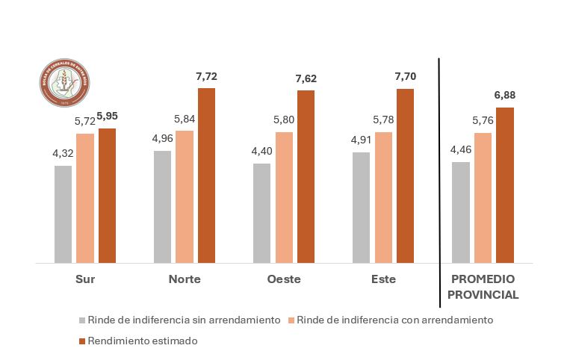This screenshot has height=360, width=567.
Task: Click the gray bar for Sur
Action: pyautogui.click(x=63, y=214)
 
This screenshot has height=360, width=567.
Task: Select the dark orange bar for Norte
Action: pyautogui.click(x=206, y=176)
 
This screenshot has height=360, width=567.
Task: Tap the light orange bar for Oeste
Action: pyautogui.click(x=284, y=198)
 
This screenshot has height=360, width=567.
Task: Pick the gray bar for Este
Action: pyautogui.click(x=361, y=208)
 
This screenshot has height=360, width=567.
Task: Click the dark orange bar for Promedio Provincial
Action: pyautogui.click(x=505, y=185)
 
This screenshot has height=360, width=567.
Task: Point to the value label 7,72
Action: pyautogui.click(x=205, y=77)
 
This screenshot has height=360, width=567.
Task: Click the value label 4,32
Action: pyautogui.click(x=63, y=154)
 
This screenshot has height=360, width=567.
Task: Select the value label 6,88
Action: pyautogui.click(x=505, y=96)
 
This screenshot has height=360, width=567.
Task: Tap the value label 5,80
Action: pyautogui.click(x=284, y=120)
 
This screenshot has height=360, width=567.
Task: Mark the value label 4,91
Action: pyautogui.click(x=361, y=140)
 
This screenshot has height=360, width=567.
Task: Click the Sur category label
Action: pyautogui.click(x=84, y=279)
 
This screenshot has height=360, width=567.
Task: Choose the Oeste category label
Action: pyautogui.click(x=283, y=279)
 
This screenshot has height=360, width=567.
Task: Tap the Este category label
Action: pyautogui.click(x=382, y=279)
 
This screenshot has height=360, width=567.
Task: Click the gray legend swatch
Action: pyautogui.click(x=81, y=320)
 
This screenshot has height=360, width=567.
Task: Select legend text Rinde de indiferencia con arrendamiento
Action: pyautogui.click(x=395, y=320)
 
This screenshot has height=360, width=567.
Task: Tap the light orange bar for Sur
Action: pyautogui.click(x=85, y=198)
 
